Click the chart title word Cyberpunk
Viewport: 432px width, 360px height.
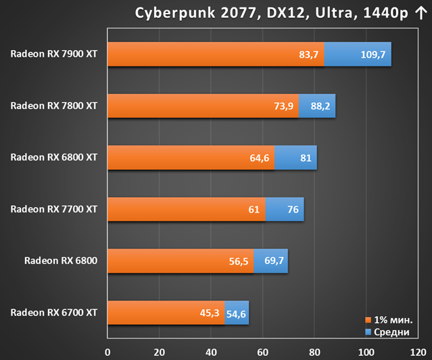175,14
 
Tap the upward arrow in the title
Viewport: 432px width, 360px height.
421,13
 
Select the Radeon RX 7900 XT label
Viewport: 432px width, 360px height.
53,53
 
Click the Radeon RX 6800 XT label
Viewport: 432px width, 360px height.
53,157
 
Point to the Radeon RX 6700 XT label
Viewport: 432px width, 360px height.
53,313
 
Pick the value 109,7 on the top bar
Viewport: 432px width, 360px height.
373,55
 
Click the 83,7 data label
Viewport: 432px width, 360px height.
308,55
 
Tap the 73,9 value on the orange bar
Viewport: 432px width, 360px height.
283,106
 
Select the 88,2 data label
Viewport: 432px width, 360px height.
320,106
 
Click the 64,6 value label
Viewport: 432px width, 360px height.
259,158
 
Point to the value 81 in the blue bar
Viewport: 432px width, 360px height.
306,158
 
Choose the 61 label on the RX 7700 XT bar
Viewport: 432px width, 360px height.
254,210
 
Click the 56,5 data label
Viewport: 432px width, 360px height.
239,261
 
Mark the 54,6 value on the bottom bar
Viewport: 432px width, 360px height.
236,314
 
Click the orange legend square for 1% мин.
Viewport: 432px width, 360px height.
368,320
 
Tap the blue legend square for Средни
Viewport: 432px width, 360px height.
368,332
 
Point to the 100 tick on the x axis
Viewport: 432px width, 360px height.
366,353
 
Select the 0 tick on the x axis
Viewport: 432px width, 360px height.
107,353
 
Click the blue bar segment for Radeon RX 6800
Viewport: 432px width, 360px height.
271,261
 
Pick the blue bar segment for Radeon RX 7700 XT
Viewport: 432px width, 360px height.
285,209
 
